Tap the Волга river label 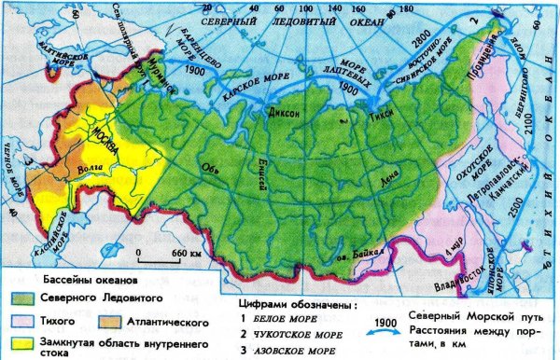click(91, 171)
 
